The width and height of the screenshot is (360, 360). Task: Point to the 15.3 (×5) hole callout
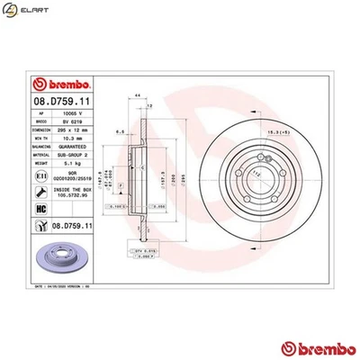[x=255, y=133]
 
